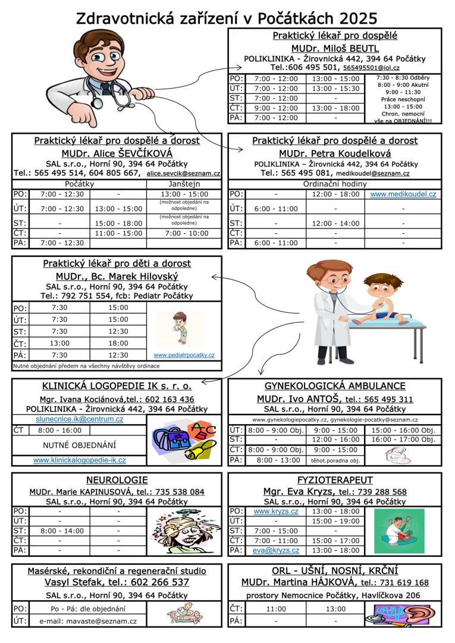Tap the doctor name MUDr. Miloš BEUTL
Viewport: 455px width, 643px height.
click(x=335, y=48)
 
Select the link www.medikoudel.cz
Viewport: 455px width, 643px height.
click(x=403, y=195)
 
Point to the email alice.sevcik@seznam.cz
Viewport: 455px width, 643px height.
click(x=183, y=174)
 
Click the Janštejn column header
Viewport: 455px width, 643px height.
click(x=184, y=184)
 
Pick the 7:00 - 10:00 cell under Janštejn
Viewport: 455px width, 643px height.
click(x=184, y=233)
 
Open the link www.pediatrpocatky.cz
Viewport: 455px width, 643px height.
click(x=184, y=355)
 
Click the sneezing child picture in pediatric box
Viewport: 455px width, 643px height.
click(x=180, y=328)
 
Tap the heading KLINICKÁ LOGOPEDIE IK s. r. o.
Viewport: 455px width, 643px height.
click(x=117, y=386)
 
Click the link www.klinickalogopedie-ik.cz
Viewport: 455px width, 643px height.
click(x=79, y=460)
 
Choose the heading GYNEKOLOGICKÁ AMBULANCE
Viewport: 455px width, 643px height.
click(x=335, y=386)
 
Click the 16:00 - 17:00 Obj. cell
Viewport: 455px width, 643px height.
click(x=403, y=440)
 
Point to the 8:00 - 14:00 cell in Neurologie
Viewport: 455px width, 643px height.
click(x=59, y=531)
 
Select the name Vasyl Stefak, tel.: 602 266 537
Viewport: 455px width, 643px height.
click(x=117, y=582)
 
